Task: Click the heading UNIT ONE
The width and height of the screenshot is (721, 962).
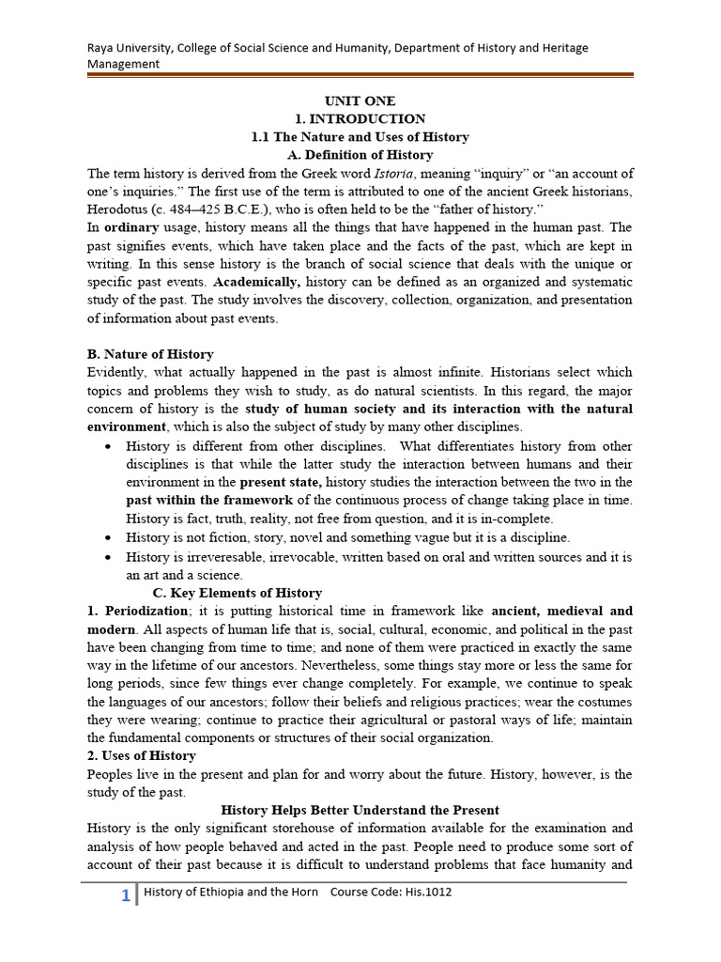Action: click(360, 101)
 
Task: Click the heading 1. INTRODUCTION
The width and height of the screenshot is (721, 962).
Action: click(360, 119)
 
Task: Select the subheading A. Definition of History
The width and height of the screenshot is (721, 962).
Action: click(360, 155)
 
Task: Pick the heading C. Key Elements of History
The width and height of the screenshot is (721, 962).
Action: click(237, 593)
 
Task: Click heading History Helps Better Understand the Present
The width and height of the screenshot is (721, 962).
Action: click(360, 810)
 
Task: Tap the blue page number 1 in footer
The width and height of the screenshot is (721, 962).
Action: click(125, 896)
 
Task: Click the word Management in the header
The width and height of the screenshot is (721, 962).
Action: click(123, 64)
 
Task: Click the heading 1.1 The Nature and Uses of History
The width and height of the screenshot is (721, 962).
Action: click(360, 137)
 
